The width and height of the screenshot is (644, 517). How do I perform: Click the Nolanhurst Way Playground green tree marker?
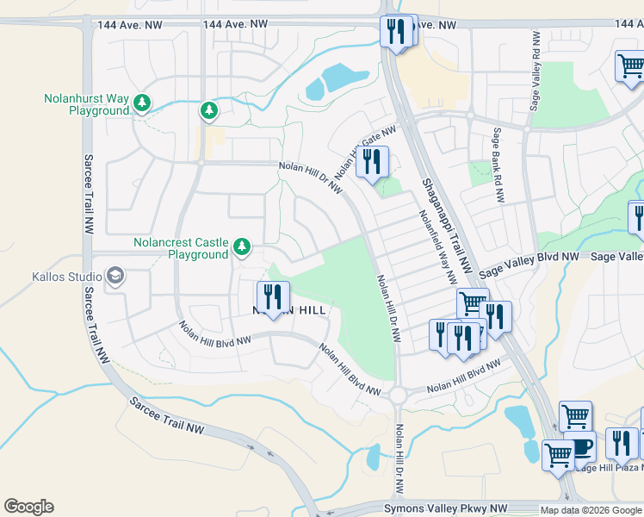tap(142, 104)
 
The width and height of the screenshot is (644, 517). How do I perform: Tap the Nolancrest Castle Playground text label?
tap(181, 248)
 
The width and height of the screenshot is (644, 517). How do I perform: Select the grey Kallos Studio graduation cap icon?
tap(115, 276)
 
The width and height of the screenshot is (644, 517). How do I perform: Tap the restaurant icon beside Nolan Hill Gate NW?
tap(372, 162)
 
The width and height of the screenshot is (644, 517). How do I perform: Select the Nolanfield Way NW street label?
tap(437, 248)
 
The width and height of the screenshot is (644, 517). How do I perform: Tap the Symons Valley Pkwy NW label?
tap(446, 508)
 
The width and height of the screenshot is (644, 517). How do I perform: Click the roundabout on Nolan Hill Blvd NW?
tap(397, 395)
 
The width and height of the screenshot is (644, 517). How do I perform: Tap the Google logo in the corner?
tap(28, 507)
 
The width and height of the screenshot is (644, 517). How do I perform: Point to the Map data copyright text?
tap(591, 510)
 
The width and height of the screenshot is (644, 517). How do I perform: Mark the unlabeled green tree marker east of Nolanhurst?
tap(208, 110)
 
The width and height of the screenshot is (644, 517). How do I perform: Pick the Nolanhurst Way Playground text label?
tap(86, 104)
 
